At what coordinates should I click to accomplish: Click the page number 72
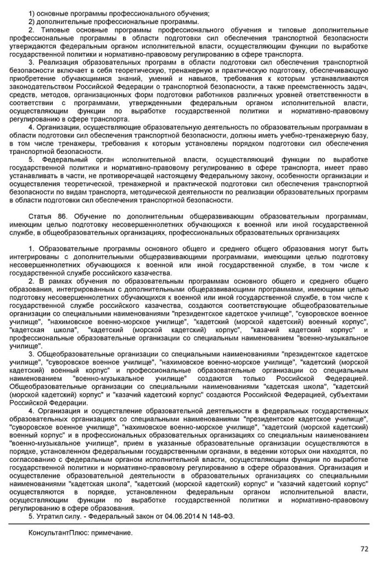coord(364,548)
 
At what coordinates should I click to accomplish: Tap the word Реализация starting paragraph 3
coord(55,62)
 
